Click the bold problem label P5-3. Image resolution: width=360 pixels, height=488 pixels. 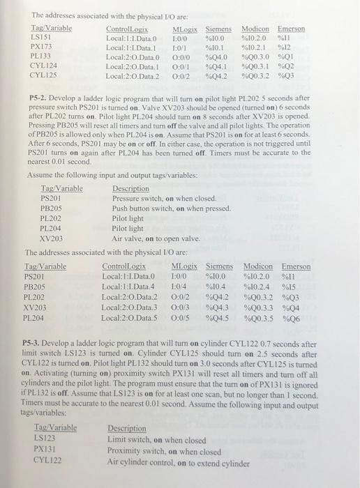[x=33, y=344]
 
